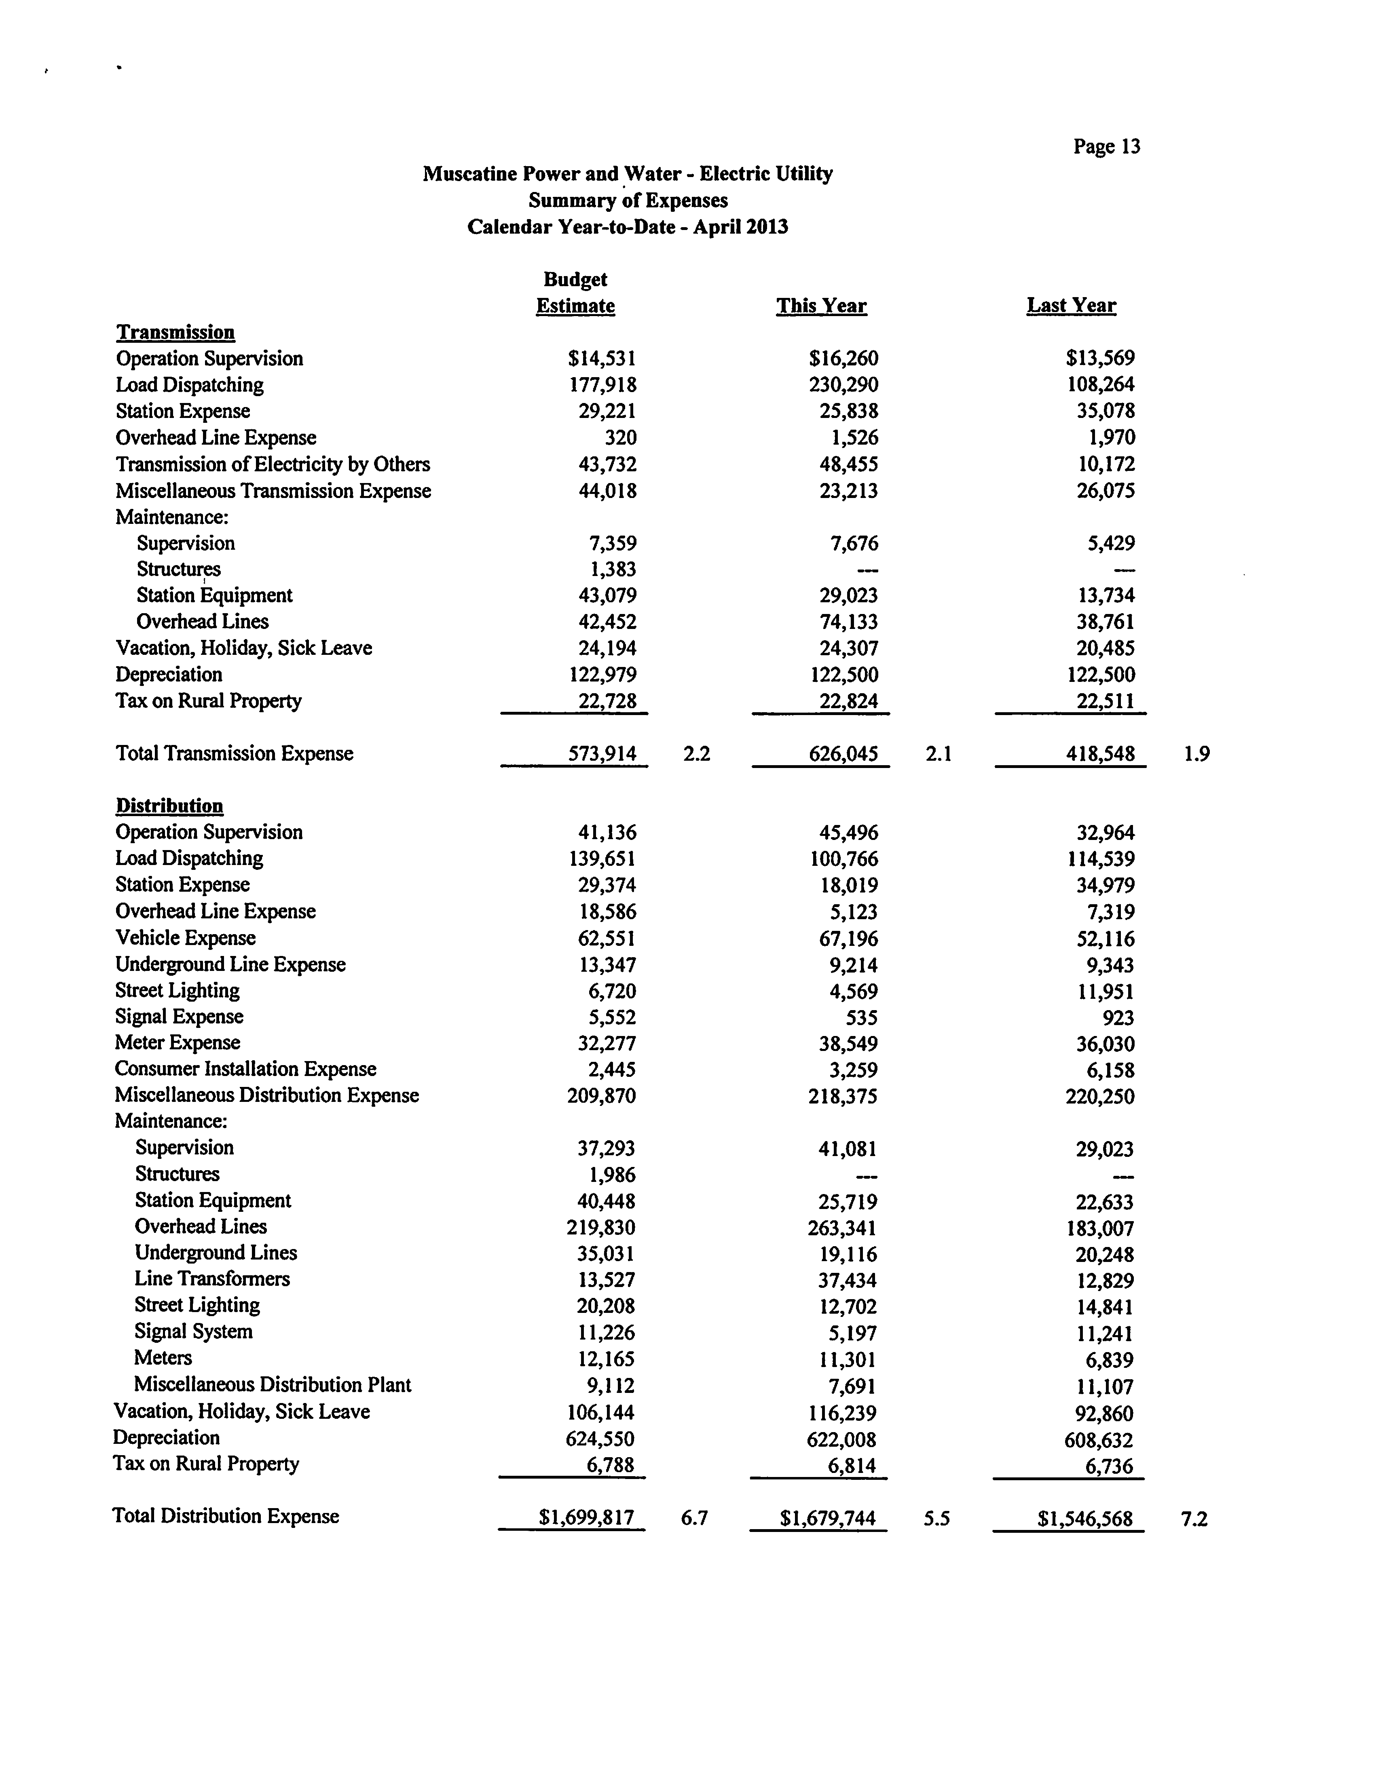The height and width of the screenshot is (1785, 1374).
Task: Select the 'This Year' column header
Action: click(821, 306)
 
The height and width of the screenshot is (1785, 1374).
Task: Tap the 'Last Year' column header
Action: click(1071, 306)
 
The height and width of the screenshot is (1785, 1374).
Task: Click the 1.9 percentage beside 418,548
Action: click(1196, 753)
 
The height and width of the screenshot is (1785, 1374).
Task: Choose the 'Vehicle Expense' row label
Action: click(186, 937)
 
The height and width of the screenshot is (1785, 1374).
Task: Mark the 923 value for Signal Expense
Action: click(1118, 1017)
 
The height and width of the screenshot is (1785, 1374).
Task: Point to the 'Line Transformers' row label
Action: click(212, 1278)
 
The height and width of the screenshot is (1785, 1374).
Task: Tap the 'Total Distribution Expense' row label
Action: click(226, 1516)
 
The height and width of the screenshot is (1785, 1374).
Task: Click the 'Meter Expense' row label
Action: click(178, 1043)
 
